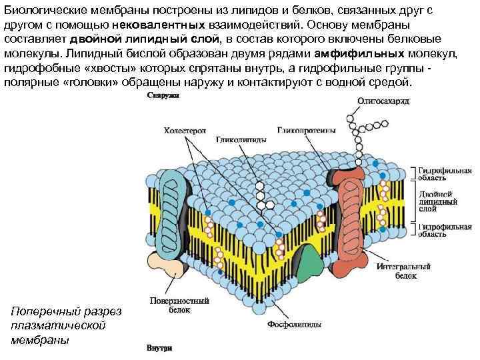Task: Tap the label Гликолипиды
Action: pos(241,141)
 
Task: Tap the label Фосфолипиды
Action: pos(295,325)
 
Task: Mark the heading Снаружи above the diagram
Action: pos(161,97)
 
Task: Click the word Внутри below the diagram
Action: pos(160,348)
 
